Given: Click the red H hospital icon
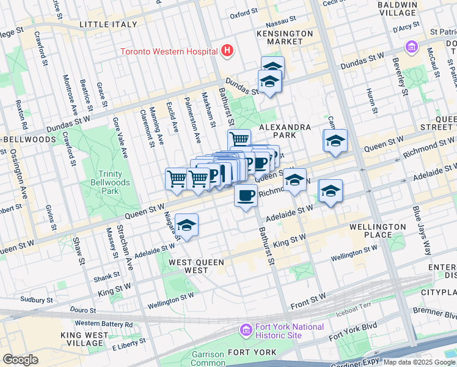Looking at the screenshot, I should tap(228, 50).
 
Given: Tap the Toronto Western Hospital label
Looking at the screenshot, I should tap(170, 51).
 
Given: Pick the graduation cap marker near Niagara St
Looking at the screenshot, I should tap(187, 225).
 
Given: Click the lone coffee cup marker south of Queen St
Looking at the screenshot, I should tap(246, 196).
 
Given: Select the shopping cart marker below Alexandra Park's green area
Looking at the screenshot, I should tap(239, 140).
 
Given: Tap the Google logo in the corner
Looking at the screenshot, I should tap(20, 360).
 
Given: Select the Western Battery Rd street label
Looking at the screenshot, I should tap(104, 323).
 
